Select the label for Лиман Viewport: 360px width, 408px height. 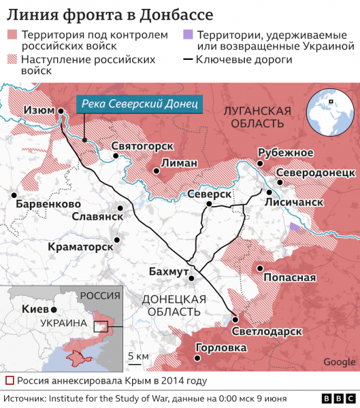click(179, 163)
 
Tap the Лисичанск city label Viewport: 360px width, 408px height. click(293, 202)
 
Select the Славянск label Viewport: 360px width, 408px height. click(97, 216)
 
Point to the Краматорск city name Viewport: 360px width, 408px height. click(80, 247)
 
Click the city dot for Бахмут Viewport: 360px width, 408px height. click(192, 277)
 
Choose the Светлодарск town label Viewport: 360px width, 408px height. click(266, 331)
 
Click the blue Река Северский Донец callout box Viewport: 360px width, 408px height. click(139, 104)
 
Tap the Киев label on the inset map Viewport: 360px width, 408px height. click(35, 309)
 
